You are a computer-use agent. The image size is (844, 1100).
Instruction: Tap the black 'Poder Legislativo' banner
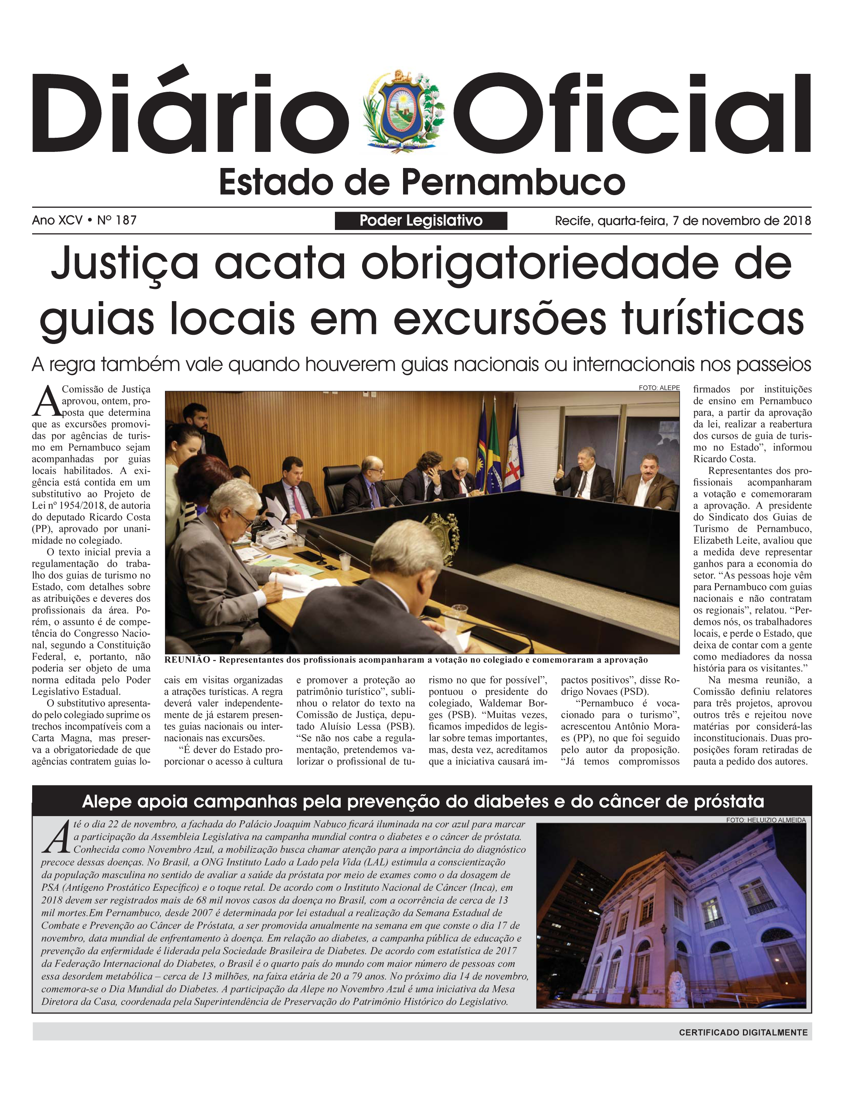coord(421,220)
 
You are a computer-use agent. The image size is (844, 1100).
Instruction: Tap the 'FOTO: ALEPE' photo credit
coord(659,388)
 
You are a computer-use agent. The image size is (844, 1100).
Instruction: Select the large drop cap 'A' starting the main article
coord(46,401)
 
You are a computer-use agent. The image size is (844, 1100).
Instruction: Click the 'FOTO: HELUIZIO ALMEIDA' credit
coord(766,820)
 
